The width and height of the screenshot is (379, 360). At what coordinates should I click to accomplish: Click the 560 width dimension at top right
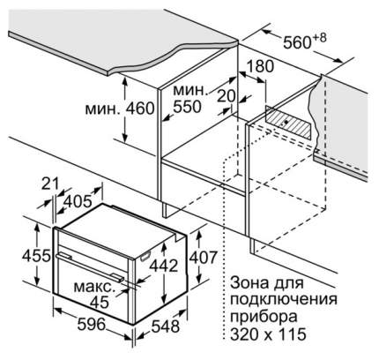297,42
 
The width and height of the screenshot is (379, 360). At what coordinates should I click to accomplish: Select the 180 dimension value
259,66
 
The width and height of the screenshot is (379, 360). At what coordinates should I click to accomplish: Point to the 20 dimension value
227,96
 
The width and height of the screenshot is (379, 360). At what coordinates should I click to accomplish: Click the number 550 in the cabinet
187,107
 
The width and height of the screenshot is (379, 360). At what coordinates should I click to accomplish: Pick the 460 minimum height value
140,109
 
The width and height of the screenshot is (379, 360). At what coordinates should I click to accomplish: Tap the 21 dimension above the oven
50,184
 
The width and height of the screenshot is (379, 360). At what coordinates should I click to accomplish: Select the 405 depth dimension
78,202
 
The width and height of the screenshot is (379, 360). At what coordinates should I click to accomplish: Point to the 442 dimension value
164,266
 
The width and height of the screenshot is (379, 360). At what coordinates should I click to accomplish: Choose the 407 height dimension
203,258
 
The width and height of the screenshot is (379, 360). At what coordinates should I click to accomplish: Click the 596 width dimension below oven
91,324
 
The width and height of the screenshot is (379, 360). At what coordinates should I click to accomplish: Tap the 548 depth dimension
165,326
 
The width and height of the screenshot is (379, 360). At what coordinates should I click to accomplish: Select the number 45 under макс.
100,302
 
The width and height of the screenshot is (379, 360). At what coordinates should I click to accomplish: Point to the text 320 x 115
268,334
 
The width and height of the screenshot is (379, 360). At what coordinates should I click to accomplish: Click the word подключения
284,300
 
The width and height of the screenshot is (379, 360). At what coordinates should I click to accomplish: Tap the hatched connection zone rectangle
288,123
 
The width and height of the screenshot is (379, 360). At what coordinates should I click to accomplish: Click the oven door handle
90,266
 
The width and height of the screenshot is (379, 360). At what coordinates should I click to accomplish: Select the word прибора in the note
264,318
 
